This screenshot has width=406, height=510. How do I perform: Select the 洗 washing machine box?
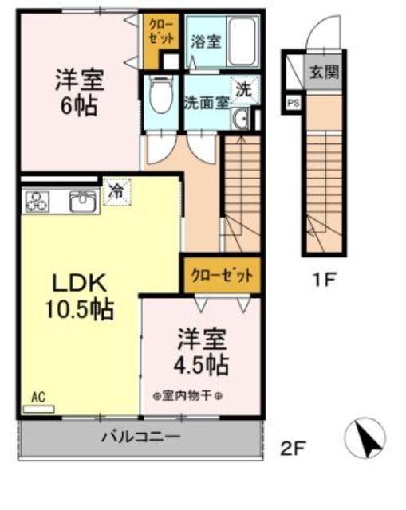point(244,90)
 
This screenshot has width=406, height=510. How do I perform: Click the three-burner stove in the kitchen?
point(37,202)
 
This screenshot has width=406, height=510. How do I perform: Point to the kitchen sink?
point(83,201)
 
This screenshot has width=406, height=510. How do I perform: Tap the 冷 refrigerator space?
point(116,192)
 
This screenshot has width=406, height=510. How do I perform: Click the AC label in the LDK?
point(37,396)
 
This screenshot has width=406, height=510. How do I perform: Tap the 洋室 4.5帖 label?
point(202,352)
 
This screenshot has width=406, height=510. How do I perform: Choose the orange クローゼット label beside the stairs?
point(221,276)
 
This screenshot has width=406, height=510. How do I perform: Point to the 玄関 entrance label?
point(324,72)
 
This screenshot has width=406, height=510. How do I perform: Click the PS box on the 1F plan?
point(293,102)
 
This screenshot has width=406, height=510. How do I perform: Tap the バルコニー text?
point(140,437)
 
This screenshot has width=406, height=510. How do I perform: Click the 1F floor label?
point(323,280)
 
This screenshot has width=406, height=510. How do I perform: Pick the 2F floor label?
point(293,449)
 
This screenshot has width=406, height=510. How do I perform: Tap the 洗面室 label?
point(207,102)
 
